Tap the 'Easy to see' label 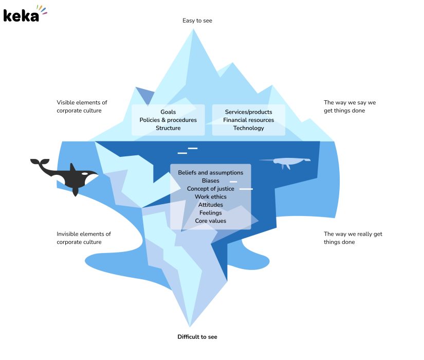pyautogui.click(x=197, y=21)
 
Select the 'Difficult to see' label pyautogui.click(x=197, y=337)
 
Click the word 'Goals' pyautogui.click(x=168, y=112)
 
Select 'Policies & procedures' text pyautogui.click(x=168, y=120)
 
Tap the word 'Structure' pyautogui.click(x=168, y=128)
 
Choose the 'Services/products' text pyautogui.click(x=248, y=112)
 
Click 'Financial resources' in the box pyautogui.click(x=248, y=120)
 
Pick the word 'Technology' pyautogui.click(x=248, y=128)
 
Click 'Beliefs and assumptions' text pyautogui.click(x=211, y=172)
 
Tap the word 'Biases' pyautogui.click(x=211, y=181)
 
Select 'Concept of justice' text pyautogui.click(x=211, y=189)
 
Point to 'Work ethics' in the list pyautogui.click(x=211, y=197)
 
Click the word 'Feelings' pyautogui.click(x=211, y=213)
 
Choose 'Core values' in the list pyautogui.click(x=211, y=221)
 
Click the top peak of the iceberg pyautogui.click(x=193, y=29)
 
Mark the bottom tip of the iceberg pyautogui.click(x=191, y=326)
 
